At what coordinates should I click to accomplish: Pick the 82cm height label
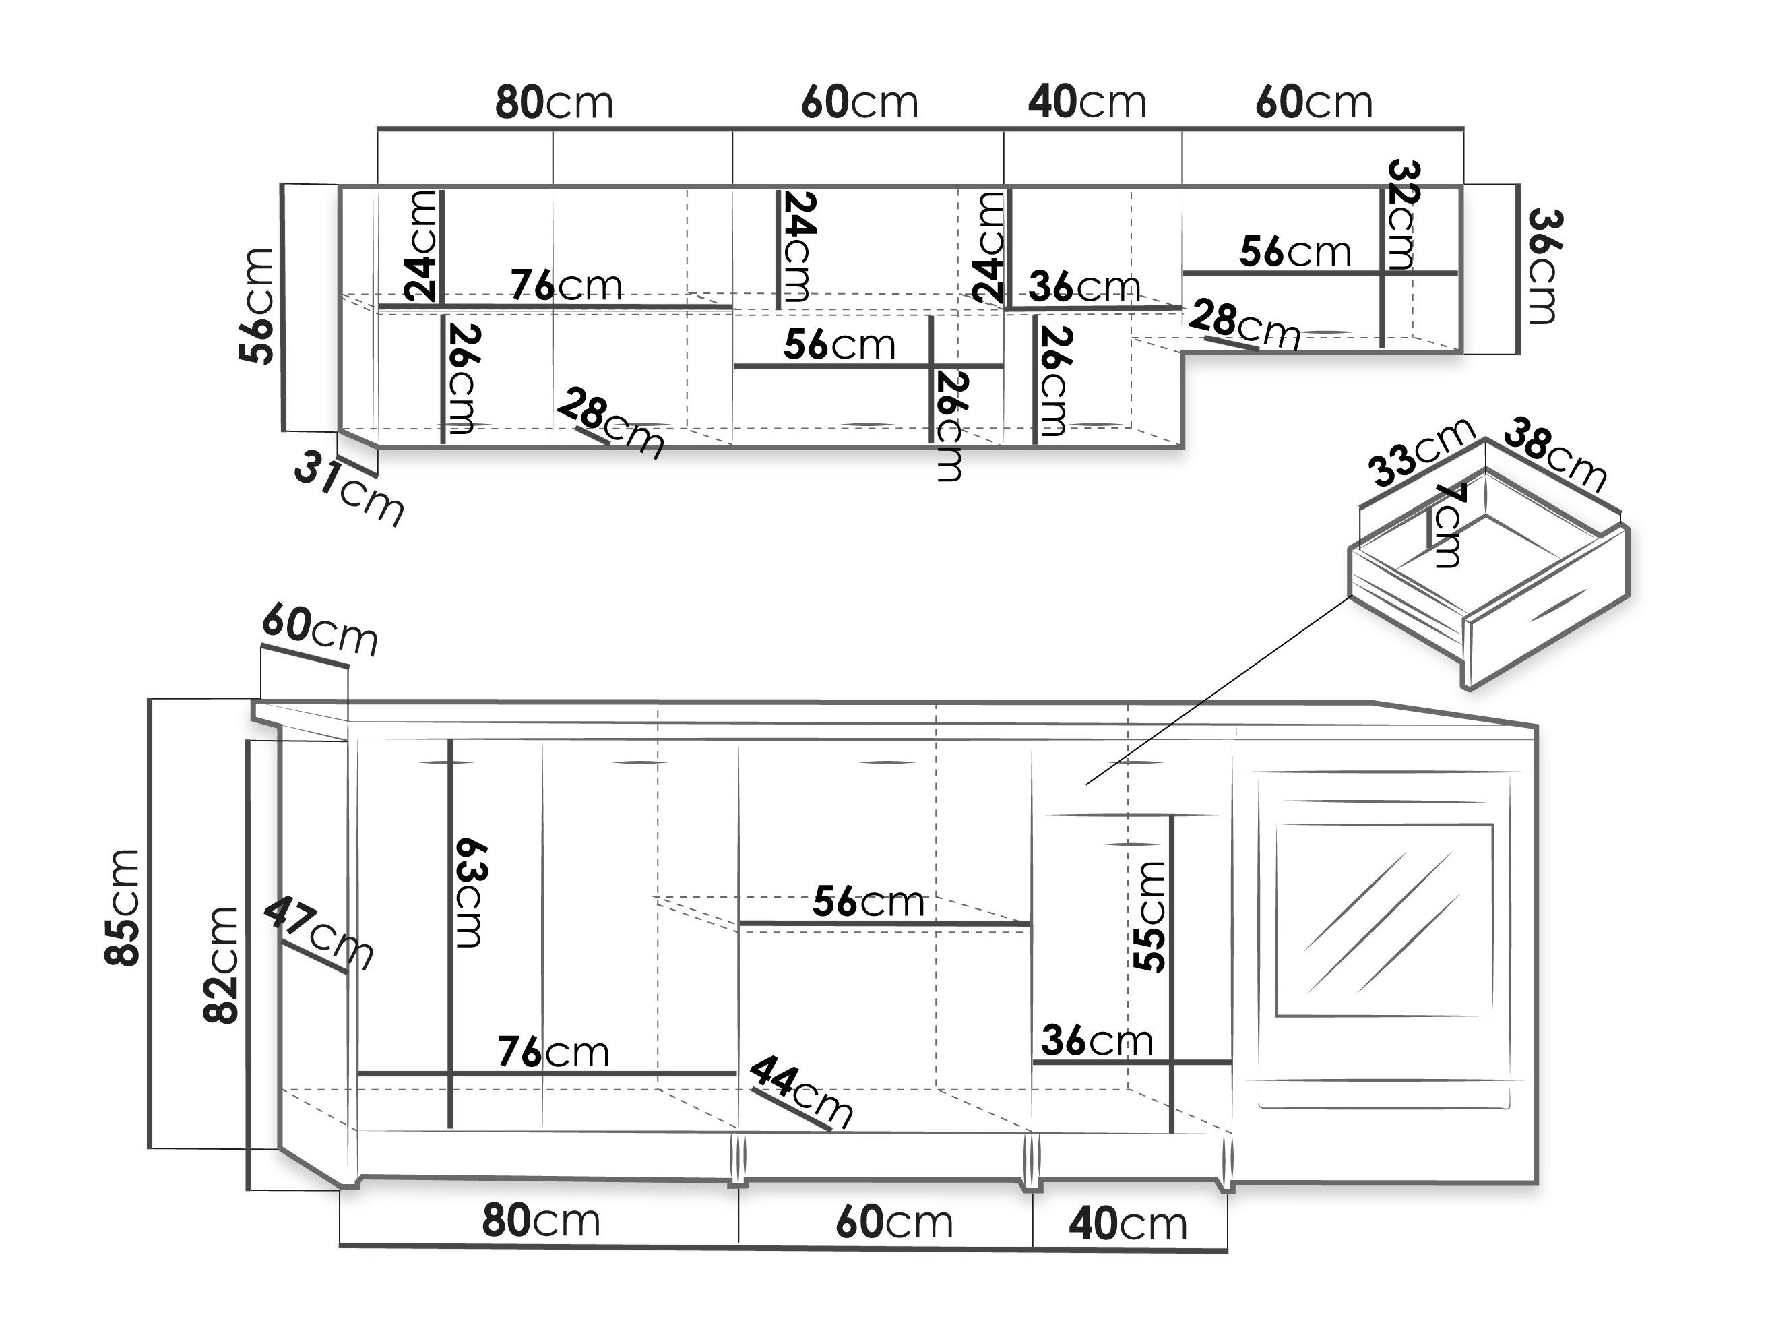tap(220, 965)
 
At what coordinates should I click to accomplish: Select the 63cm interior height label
tap(469, 892)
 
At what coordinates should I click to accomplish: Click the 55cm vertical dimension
tap(1149, 916)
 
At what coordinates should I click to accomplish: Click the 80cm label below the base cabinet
tap(541, 1221)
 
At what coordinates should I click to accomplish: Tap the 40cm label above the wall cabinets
tap(1087, 102)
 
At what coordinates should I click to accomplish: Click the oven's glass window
tap(1385, 920)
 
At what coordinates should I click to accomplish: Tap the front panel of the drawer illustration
tap(1546, 607)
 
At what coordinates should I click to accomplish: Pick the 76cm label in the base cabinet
tap(553, 1052)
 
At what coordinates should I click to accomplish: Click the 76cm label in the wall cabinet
tap(566, 285)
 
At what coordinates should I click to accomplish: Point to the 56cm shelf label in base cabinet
tap(869, 902)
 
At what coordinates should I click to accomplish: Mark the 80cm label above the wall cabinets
tap(554, 102)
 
